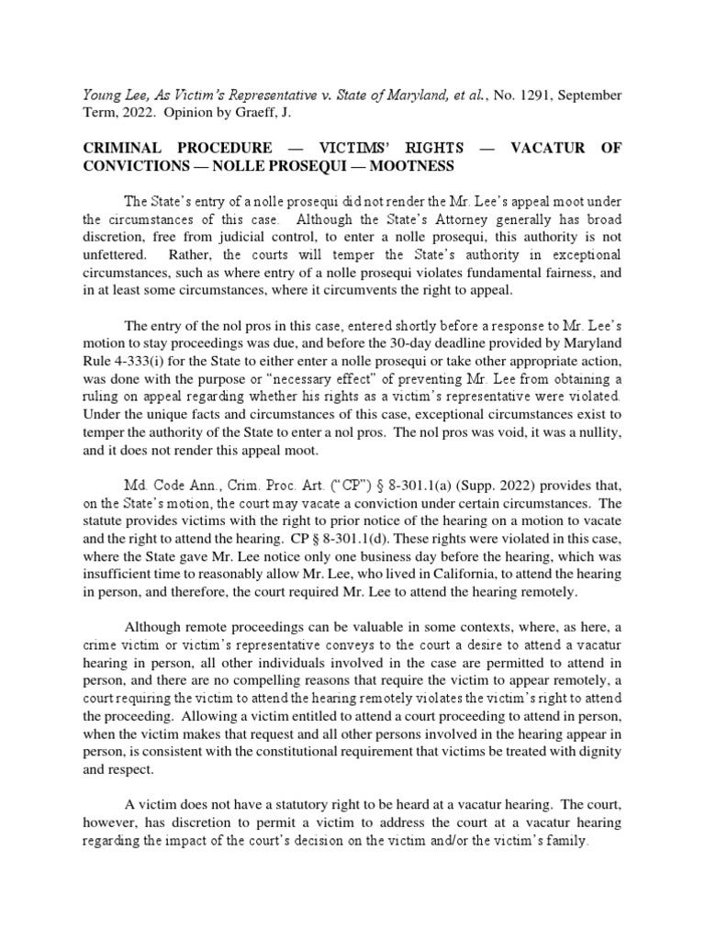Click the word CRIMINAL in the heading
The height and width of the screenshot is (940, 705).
pyautogui.click(x=122, y=147)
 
